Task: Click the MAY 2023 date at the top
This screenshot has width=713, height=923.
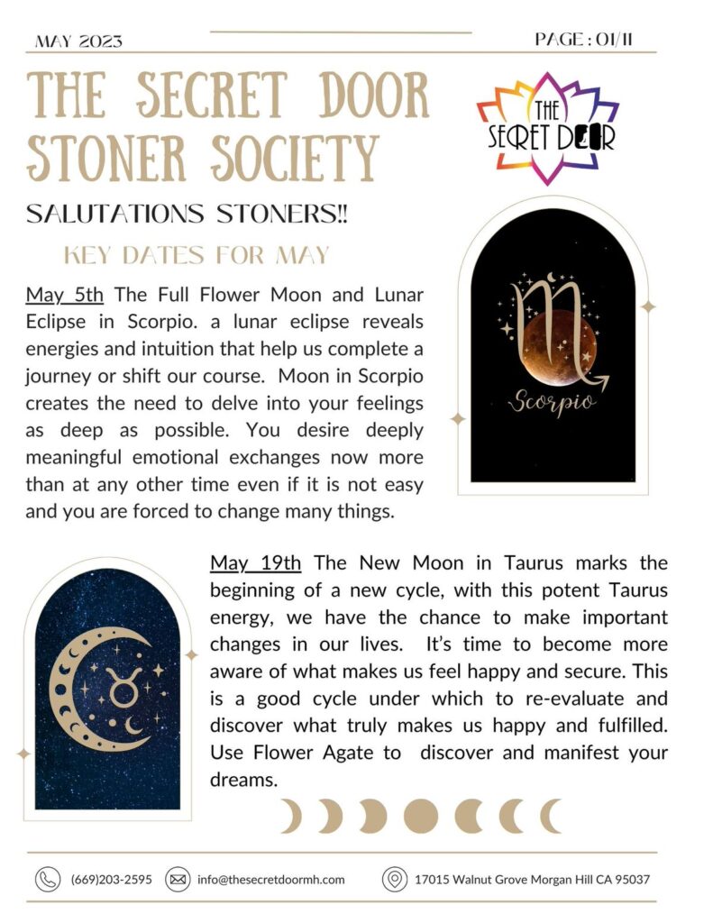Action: click(x=78, y=41)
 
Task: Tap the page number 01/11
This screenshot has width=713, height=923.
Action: click(x=590, y=40)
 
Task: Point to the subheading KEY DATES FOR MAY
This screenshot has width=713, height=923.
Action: click(x=197, y=256)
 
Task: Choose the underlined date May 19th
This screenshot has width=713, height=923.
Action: click(x=256, y=562)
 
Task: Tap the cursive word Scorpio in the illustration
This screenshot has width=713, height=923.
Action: click(x=552, y=402)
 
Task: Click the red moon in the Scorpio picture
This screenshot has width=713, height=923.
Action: click(x=553, y=347)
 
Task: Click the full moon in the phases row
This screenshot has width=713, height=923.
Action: click(x=420, y=817)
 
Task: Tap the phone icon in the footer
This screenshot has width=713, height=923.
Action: click(x=47, y=879)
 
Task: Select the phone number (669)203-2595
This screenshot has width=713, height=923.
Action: click(x=111, y=879)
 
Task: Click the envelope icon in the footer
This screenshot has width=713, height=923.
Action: click(x=178, y=879)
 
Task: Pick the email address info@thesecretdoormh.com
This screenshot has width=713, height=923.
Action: click(x=270, y=879)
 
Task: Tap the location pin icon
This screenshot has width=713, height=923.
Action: click(x=392, y=879)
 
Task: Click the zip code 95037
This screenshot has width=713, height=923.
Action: click(x=630, y=879)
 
